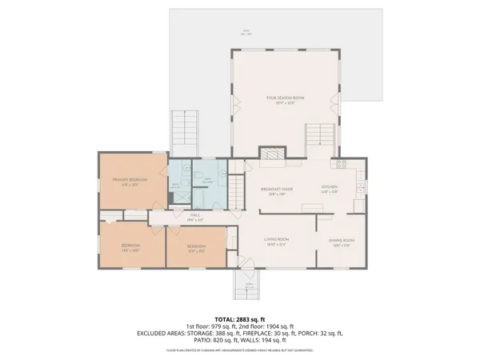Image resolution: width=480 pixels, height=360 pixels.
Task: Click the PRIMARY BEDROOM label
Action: tap(129, 180)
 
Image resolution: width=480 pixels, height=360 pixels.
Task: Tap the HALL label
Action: tap(194, 215)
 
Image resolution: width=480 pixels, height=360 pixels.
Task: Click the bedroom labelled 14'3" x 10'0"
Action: tap(131, 245)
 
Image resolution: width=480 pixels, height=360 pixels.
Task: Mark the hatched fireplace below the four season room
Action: tap(270, 154)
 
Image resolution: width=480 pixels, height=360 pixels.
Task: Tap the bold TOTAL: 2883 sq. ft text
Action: tap(239, 318)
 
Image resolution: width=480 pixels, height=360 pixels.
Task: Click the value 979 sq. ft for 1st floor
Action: tap(221, 326)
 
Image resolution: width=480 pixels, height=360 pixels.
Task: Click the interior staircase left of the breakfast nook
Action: tap(238, 191)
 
